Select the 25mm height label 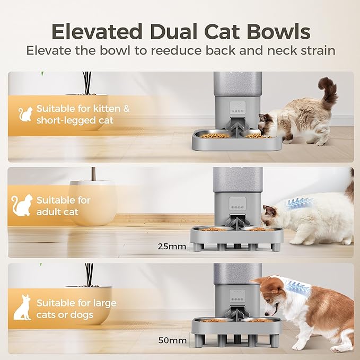click(171, 246)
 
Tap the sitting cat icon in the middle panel click(22, 205)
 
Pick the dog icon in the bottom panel click(22, 308)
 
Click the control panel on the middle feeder click(236, 205)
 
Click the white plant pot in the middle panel click(92, 201)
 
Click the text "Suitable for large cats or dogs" click(76, 309)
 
